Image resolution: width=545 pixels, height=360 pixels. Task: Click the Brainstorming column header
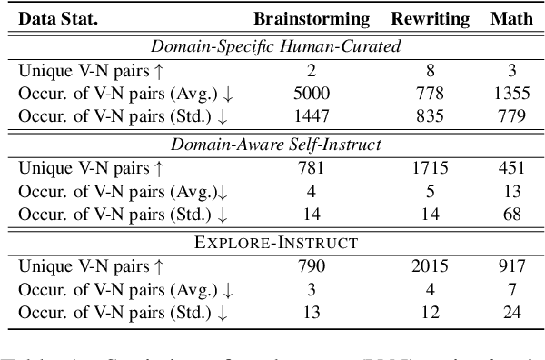tap(312, 18)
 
